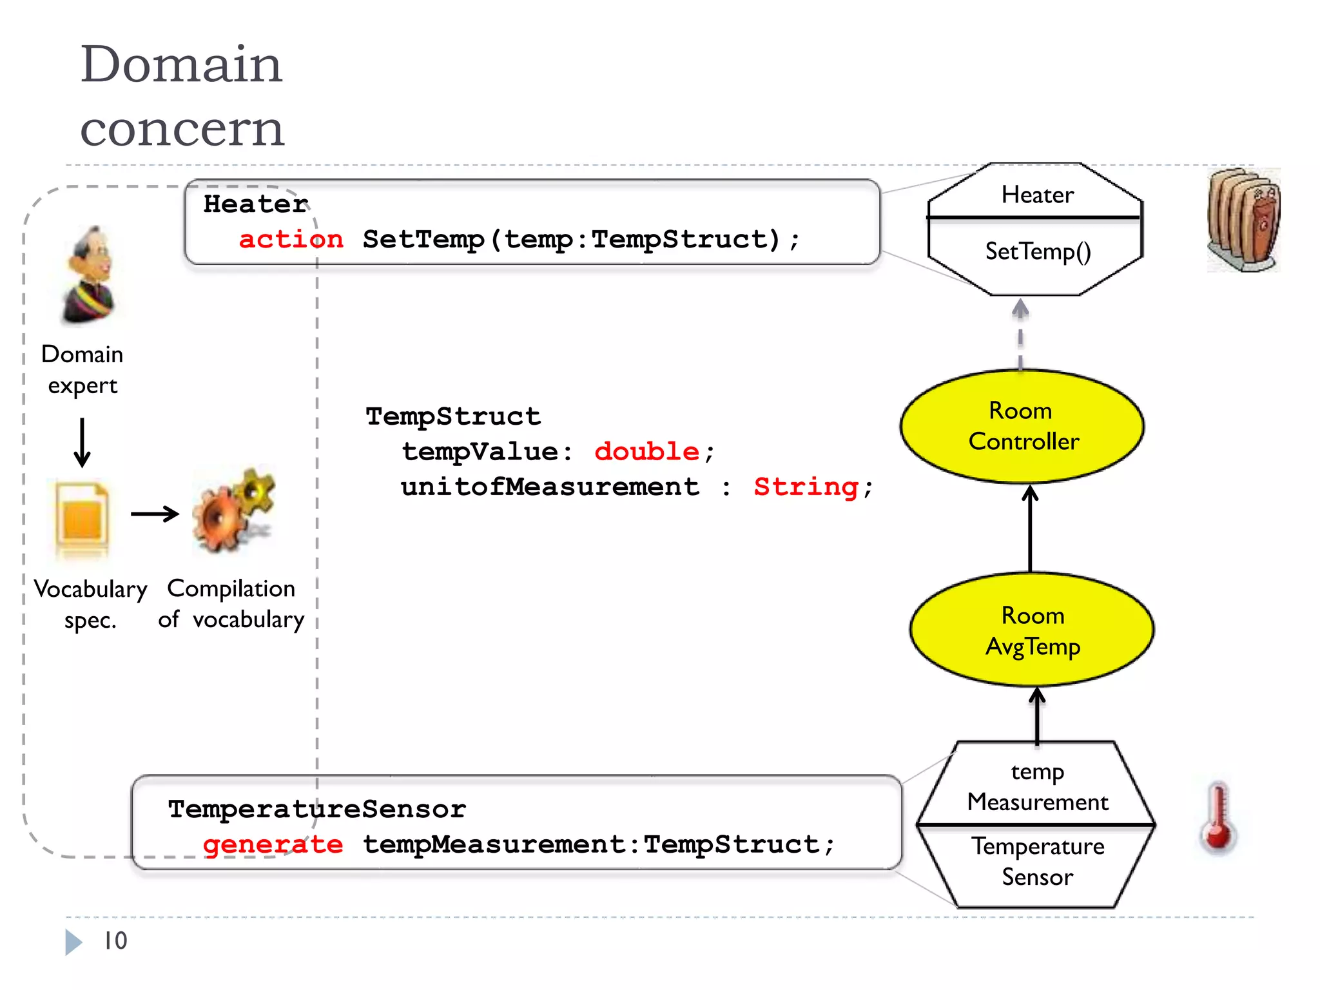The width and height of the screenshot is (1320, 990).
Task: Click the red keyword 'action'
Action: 291,239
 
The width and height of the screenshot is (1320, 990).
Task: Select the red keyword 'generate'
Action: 273,844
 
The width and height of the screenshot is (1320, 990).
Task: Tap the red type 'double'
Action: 646,451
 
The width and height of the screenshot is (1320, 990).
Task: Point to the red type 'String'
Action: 806,487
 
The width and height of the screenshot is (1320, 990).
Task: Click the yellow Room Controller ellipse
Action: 1022,426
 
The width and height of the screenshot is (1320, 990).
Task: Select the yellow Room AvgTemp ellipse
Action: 1032,630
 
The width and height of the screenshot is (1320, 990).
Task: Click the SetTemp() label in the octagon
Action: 1038,251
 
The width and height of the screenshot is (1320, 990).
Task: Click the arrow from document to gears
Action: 155,514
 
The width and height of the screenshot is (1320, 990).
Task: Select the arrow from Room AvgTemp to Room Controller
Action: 1030,529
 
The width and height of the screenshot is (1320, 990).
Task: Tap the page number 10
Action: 115,940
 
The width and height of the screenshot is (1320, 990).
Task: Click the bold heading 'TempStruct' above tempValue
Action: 453,416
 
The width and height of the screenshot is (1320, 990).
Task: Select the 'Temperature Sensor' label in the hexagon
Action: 1038,862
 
